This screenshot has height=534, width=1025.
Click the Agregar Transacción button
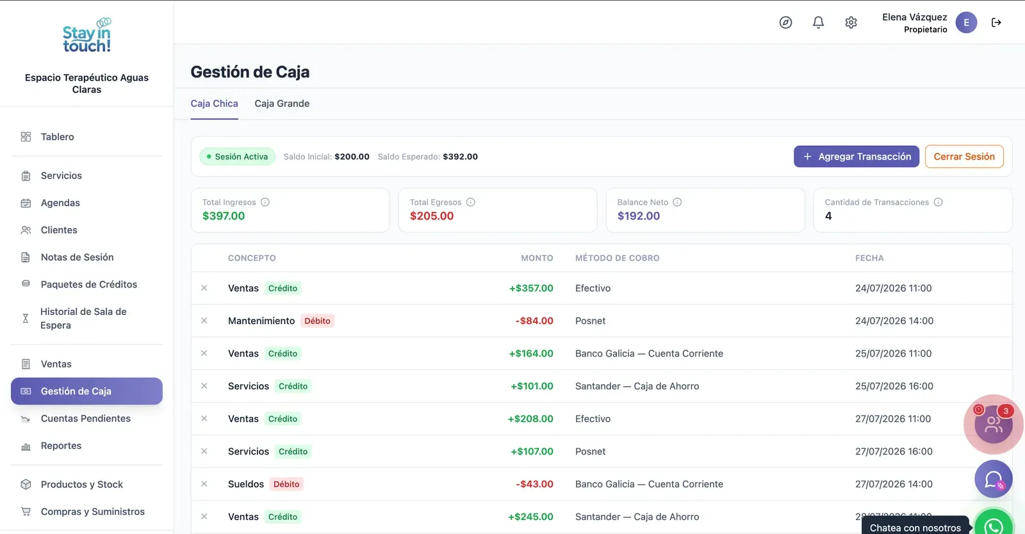(856, 156)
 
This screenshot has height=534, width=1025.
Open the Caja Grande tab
(282, 103)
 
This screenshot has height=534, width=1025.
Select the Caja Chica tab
(214, 103)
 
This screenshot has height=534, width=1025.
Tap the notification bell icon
(818, 22)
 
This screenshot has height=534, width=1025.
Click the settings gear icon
(851, 22)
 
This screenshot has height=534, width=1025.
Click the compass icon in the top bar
(785, 22)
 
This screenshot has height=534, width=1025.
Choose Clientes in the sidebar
(59, 230)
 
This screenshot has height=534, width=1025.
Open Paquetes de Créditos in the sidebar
(89, 284)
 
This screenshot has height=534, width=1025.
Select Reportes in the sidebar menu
(61, 446)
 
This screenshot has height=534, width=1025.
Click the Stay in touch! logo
(87, 35)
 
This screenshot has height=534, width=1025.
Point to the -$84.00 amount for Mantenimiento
(534, 321)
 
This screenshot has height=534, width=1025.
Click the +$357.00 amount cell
(531, 288)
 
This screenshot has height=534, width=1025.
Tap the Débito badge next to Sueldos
(286, 484)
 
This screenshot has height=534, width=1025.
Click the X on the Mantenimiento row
(204, 321)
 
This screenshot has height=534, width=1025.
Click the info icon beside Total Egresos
(470, 202)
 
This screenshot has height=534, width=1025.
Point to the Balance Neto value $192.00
(638, 216)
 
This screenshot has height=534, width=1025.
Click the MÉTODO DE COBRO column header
(618, 258)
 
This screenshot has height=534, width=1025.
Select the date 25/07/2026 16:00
(894, 386)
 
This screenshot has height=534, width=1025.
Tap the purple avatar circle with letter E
(966, 22)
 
